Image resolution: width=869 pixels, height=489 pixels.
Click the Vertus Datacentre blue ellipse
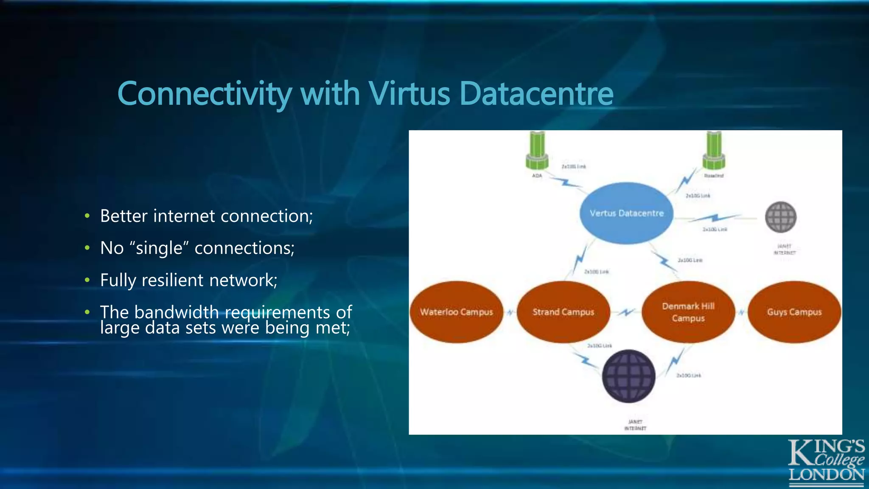click(626, 213)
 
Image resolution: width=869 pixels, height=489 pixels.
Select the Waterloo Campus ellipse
click(456, 312)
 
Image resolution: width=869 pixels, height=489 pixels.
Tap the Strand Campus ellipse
click(563, 312)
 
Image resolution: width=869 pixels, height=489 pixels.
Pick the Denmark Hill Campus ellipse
click(688, 312)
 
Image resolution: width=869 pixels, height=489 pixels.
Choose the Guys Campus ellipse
click(794, 312)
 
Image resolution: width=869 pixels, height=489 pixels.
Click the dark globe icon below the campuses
click(628, 376)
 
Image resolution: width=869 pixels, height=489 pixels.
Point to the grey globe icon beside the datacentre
click(780, 217)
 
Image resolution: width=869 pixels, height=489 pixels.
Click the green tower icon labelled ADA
click(537, 151)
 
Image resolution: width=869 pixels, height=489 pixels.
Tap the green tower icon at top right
click(714, 151)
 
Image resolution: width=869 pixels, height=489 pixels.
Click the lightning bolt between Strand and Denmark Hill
click(626, 313)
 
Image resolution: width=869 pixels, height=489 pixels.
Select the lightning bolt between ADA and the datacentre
click(565, 183)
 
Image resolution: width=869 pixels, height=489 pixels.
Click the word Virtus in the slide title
click(409, 94)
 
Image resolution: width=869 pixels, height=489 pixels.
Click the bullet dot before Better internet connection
click(87, 216)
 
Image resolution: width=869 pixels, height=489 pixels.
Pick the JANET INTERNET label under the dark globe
click(635, 425)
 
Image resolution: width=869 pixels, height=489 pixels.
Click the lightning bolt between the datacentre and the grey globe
click(715, 218)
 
